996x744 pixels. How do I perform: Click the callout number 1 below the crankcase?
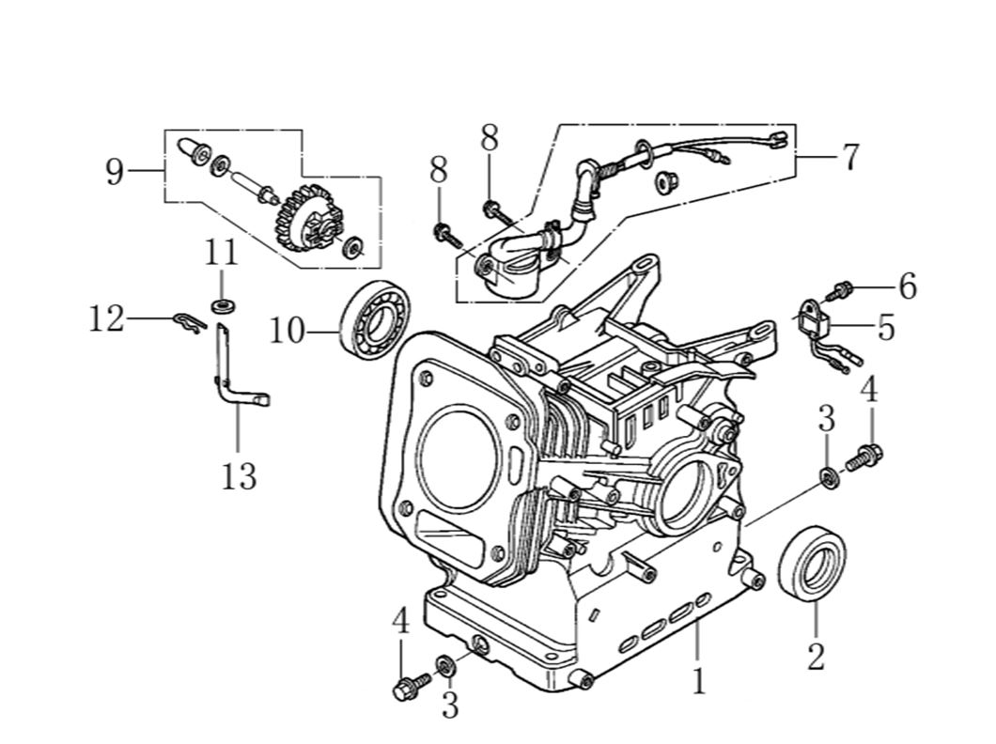(x=697, y=681)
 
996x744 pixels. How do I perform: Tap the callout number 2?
(x=816, y=655)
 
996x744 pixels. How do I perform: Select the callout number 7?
(x=849, y=156)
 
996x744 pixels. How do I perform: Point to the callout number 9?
(x=115, y=172)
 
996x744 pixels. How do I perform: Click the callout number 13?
(x=239, y=475)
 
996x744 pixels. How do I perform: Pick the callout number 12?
(x=106, y=319)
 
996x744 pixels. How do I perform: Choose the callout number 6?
(x=907, y=287)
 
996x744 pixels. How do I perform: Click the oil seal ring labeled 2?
(x=812, y=565)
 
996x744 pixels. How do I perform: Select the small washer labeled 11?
(x=223, y=305)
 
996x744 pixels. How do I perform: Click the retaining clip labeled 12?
(x=190, y=322)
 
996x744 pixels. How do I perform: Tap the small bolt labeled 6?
(x=842, y=287)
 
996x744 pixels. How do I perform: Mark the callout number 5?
(x=885, y=328)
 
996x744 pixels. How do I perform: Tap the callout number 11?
(x=222, y=254)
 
